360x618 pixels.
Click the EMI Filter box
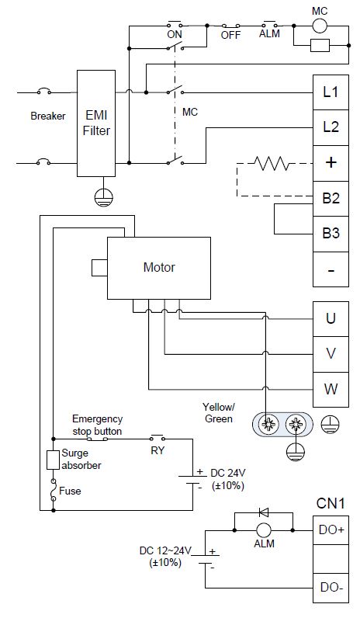[x=96, y=123]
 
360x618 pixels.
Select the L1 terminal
[x=331, y=92]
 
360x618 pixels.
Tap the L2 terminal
[x=331, y=127]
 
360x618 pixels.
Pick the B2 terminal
[x=331, y=199]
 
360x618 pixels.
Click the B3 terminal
[x=331, y=234]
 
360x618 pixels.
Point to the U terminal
[x=331, y=319]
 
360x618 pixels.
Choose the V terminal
[x=331, y=354]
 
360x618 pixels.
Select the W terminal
[x=331, y=390]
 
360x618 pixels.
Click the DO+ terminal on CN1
[x=331, y=530]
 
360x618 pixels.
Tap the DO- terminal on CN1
[x=331, y=588]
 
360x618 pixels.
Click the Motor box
[x=159, y=268]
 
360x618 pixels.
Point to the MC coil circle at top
[x=320, y=26]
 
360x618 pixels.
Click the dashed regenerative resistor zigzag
[x=272, y=163]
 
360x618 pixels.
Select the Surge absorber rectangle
[x=53, y=460]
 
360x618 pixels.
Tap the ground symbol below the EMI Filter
[x=104, y=197]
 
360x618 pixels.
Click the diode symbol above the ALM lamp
[x=264, y=512]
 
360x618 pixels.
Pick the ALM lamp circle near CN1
[x=264, y=530]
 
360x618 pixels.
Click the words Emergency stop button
[x=97, y=425]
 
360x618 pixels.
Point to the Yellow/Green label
[x=219, y=413]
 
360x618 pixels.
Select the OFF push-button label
[x=230, y=35]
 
